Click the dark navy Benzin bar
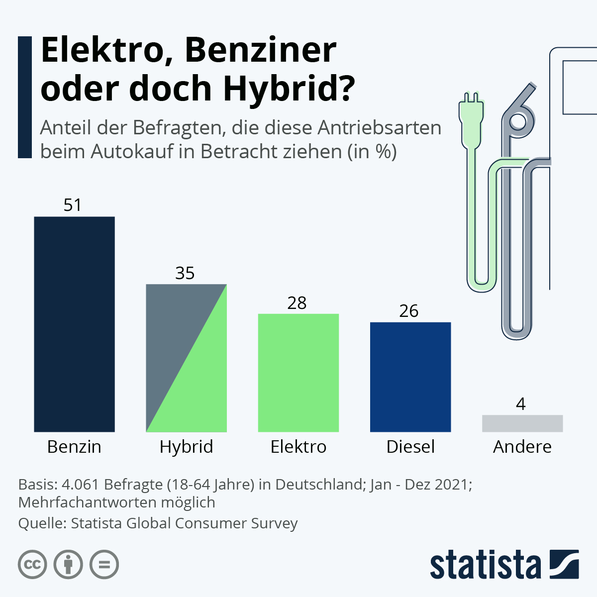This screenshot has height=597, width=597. pyautogui.click(x=74, y=324)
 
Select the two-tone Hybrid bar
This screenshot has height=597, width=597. pyautogui.click(x=186, y=358)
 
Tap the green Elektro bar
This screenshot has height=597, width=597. pyautogui.click(x=298, y=373)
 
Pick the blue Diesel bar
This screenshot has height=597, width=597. pyautogui.click(x=410, y=377)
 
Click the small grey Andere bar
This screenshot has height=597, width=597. pyautogui.click(x=522, y=423)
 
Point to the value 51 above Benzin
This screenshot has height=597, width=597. pyautogui.click(x=73, y=205)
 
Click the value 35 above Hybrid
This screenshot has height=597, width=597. pyautogui.click(x=185, y=273)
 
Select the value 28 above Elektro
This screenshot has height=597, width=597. pyautogui.click(x=297, y=303)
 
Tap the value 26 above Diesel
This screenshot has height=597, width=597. pyautogui.click(x=409, y=311)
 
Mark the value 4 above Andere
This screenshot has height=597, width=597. pyautogui.click(x=521, y=404)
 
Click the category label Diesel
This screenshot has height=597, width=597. pyautogui.click(x=410, y=447)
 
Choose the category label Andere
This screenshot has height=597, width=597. pyautogui.click(x=522, y=447)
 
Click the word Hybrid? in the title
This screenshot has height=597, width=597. pyautogui.click(x=289, y=89)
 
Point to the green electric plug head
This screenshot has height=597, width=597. pyautogui.click(x=471, y=119)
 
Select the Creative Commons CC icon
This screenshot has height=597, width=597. pyautogui.click(x=32, y=565)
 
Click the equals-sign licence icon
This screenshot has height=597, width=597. pyautogui.click(x=104, y=565)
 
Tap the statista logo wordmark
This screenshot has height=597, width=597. pyautogui.click(x=485, y=565)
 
